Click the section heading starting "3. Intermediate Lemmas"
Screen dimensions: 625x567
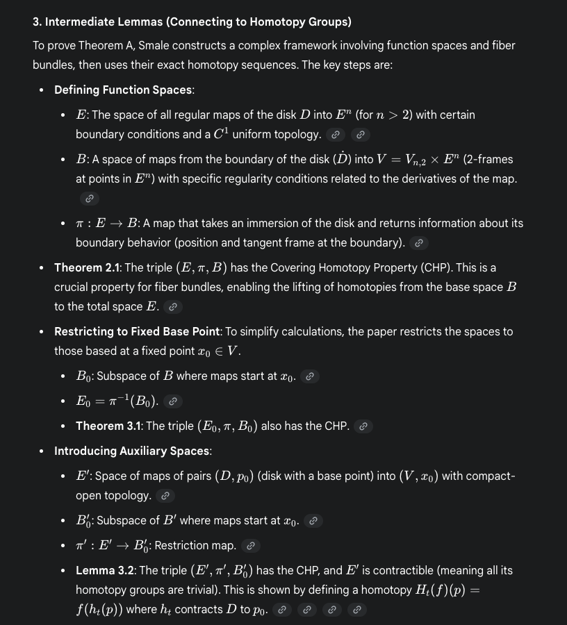pyautogui.click(x=192, y=22)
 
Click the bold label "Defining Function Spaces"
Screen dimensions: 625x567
pyautogui.click(x=124, y=90)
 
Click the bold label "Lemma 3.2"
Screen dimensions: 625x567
pyautogui.click(x=106, y=570)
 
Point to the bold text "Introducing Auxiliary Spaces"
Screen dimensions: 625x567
pyautogui.click(x=132, y=451)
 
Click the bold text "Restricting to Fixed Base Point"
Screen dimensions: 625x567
pyautogui.click(x=137, y=331)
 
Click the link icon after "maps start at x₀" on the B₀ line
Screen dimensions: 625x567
pyautogui.click(x=311, y=376)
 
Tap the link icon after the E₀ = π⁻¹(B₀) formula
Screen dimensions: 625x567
pyautogui.click(x=174, y=401)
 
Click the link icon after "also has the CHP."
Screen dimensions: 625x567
pyautogui.click(x=362, y=426)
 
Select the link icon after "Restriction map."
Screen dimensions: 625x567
pyautogui.click(x=252, y=546)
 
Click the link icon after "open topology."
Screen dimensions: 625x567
pyautogui.click(x=165, y=496)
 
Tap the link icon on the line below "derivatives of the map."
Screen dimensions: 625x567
pyautogui.click(x=88, y=199)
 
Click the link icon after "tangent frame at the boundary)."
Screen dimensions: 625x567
pyautogui.click(x=418, y=243)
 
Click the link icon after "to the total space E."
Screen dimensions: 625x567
pyautogui.click(x=173, y=307)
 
